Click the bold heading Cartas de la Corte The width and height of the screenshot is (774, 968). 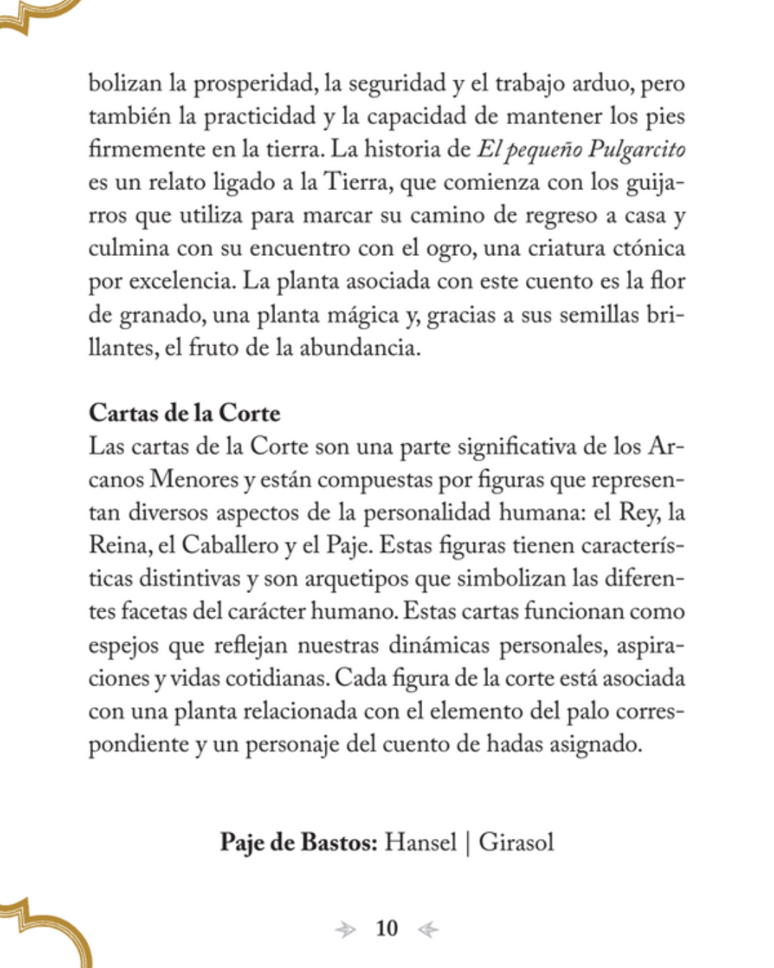pyautogui.click(x=184, y=413)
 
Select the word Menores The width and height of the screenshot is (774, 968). pyautogui.click(x=193, y=479)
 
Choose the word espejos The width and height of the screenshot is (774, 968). pyautogui.click(x=123, y=645)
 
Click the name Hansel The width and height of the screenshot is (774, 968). pyautogui.click(x=420, y=841)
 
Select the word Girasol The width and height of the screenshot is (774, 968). pyautogui.click(x=516, y=841)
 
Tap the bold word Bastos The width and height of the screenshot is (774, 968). pyautogui.click(x=338, y=841)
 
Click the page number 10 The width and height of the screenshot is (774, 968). pyautogui.click(x=386, y=929)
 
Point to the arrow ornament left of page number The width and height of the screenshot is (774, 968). pyautogui.click(x=345, y=930)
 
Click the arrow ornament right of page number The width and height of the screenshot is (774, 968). pyautogui.click(x=428, y=930)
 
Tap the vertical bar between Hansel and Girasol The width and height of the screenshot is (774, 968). pyautogui.click(x=467, y=842)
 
